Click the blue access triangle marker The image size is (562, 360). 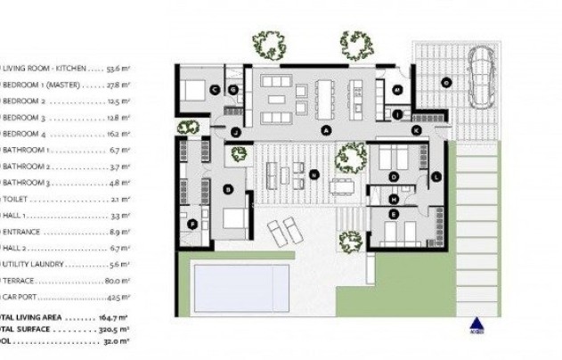[x=475, y=325]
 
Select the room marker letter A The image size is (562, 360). [x=326, y=129]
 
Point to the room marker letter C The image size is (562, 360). [x=215, y=89]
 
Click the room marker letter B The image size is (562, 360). [x=229, y=188]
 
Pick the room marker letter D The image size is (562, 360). [x=394, y=176]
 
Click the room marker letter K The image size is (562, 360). [x=416, y=130]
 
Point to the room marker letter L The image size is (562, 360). [x=435, y=176]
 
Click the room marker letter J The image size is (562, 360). [x=235, y=132]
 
